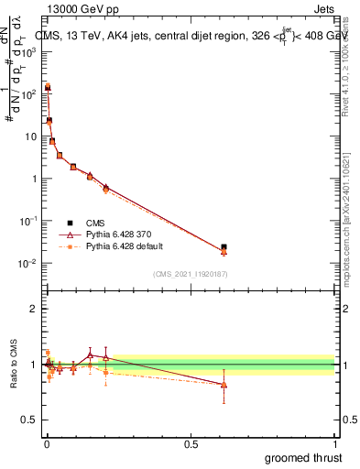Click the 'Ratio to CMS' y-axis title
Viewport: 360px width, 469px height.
[x=13, y=365]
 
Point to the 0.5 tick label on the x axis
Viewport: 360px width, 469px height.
[x=191, y=443]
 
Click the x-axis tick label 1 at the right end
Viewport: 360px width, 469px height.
[x=335, y=443]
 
